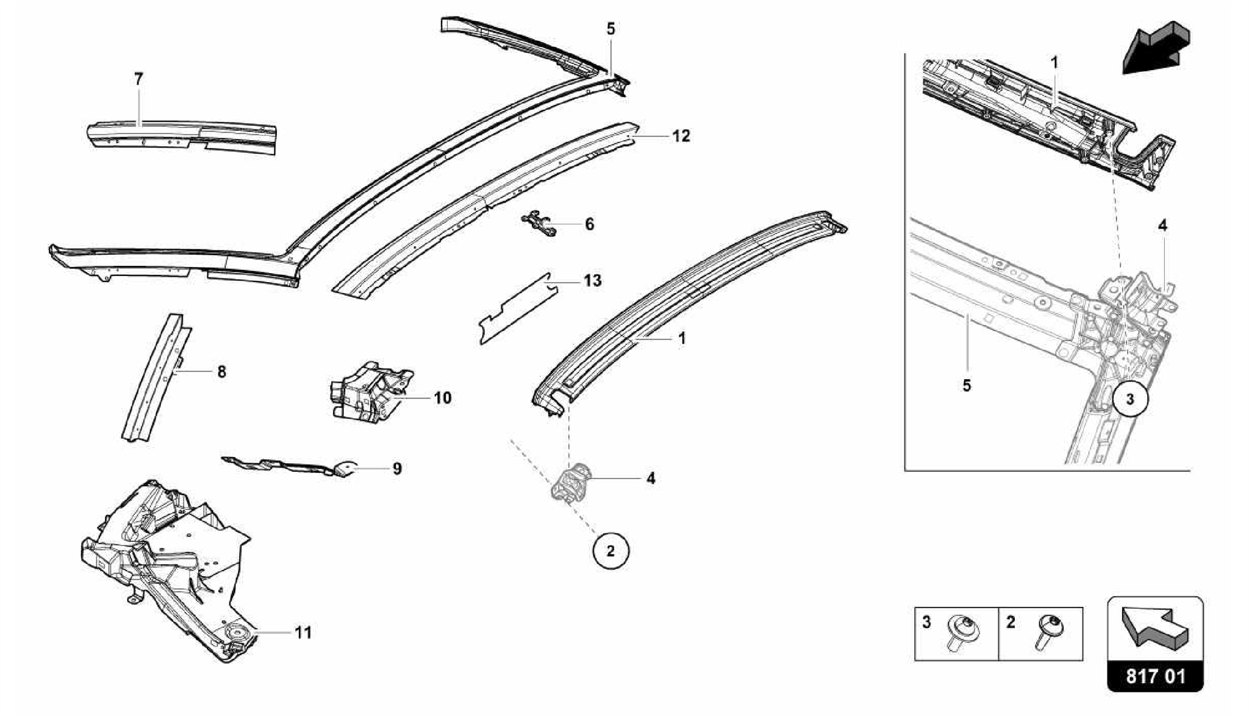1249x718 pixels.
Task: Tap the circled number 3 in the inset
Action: [1129, 399]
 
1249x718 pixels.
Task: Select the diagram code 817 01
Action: [1155, 677]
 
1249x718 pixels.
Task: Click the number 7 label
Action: [138, 79]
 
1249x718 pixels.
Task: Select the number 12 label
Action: [681, 136]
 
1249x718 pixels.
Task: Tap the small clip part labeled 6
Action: [540, 224]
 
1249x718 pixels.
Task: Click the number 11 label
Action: [303, 633]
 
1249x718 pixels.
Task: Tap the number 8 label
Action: [221, 371]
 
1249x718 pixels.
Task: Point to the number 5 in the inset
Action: [966, 386]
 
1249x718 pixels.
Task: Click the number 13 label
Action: [592, 281]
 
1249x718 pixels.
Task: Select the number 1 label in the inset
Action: [1054, 63]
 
